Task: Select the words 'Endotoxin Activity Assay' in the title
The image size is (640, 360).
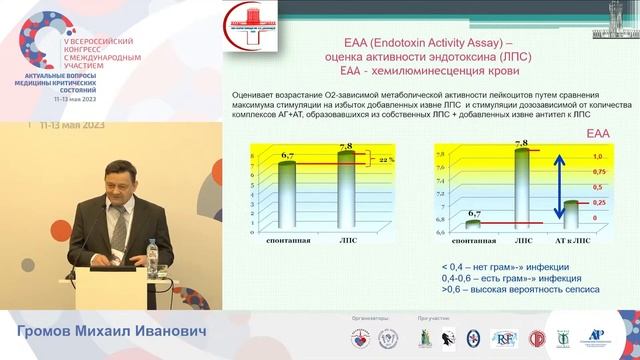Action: tap(415, 42)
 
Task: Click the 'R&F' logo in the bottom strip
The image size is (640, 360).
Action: tap(501, 339)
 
